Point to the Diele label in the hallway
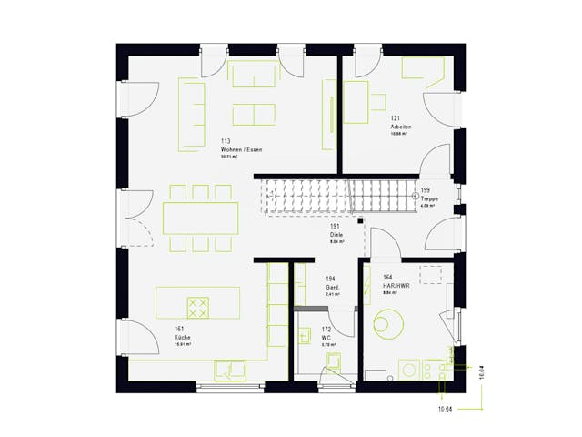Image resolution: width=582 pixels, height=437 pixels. click(x=336, y=235)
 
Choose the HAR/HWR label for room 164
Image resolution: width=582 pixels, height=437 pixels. click(x=396, y=286)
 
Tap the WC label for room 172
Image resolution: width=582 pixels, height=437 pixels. click(x=326, y=338)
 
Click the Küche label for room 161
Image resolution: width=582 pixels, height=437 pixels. click(x=183, y=338)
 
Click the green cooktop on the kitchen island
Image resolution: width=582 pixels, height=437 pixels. click(x=198, y=307)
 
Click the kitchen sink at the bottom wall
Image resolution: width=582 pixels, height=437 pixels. click(x=229, y=369)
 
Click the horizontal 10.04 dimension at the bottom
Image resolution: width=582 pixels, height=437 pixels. click(x=445, y=410)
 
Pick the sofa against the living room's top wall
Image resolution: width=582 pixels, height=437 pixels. click(x=254, y=75)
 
